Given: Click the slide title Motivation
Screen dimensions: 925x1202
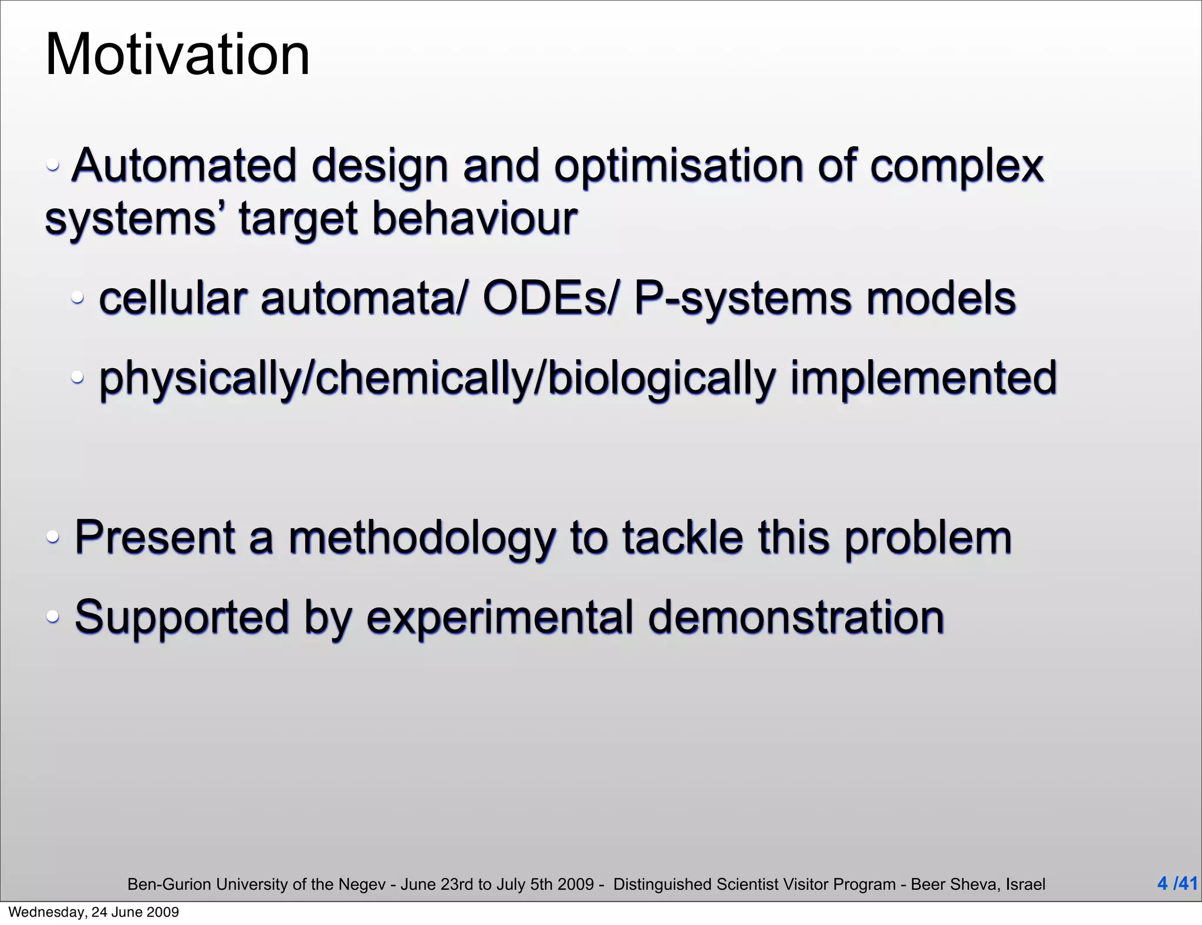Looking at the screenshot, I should click(x=177, y=55).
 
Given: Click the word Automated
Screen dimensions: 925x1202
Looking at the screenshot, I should click(x=184, y=166).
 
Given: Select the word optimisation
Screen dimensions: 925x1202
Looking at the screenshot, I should click(x=678, y=166).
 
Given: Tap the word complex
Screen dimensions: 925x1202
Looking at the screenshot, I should click(x=957, y=166).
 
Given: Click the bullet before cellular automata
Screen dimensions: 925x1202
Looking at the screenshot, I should click(x=77, y=298).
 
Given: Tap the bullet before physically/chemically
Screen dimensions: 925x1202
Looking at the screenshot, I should click(x=77, y=377).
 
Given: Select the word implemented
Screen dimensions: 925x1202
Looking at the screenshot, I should click(x=923, y=377).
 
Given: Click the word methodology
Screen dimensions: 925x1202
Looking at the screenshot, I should click(x=421, y=538).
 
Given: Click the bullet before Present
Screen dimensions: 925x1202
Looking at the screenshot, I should click(x=53, y=536).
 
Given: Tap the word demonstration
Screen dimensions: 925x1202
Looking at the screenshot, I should click(x=796, y=617).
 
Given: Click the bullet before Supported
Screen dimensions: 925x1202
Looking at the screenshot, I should click(x=53, y=616).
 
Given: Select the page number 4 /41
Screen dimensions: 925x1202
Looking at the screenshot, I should click(x=1177, y=883).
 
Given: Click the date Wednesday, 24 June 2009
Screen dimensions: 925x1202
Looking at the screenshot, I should click(x=94, y=912).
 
